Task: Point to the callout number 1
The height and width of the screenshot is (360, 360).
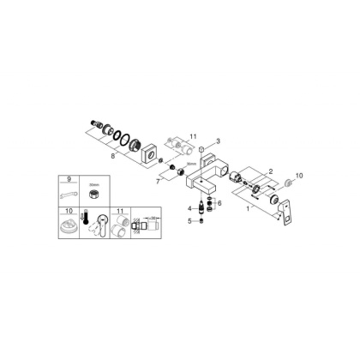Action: click(248, 206)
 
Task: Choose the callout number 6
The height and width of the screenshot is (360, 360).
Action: click(219, 203)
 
